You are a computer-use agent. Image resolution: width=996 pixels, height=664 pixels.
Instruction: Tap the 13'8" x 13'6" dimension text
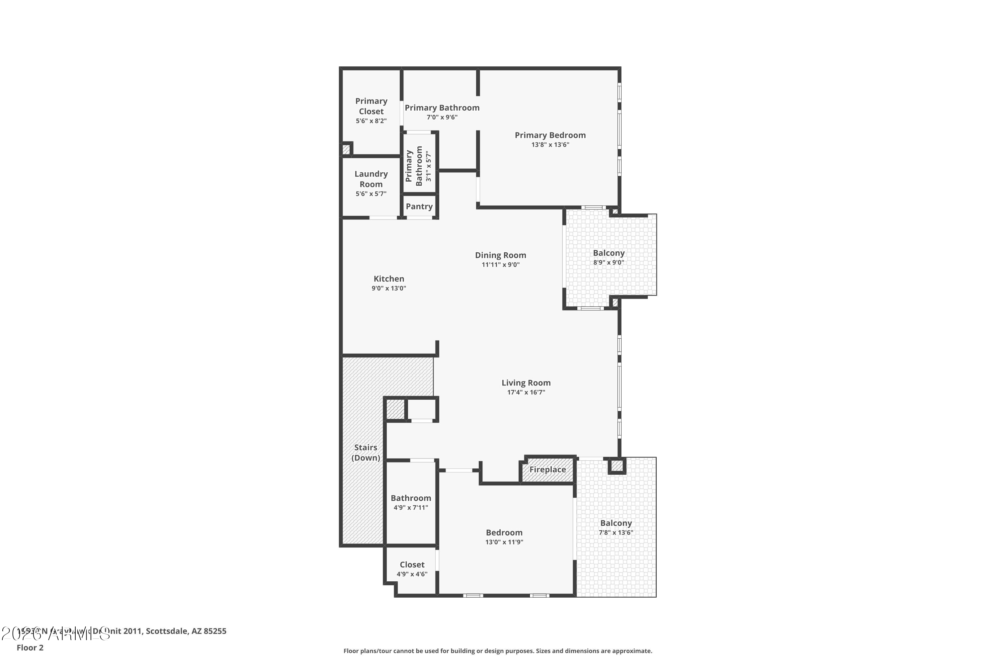550,145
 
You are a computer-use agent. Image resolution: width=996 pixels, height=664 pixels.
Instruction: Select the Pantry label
419,207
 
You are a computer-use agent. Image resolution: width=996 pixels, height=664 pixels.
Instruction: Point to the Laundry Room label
371,179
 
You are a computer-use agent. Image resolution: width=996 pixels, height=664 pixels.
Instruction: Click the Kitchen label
389,279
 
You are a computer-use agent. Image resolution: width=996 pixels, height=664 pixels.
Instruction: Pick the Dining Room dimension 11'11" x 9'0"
501,265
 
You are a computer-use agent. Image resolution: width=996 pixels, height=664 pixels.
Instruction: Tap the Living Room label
526,383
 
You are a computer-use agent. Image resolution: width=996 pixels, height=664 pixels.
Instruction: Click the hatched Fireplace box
547,470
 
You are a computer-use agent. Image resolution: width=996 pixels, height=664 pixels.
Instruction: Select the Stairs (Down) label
366,453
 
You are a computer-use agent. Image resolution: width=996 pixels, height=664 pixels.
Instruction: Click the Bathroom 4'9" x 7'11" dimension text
411,508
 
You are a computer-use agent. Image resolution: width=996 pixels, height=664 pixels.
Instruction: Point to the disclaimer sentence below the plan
498,651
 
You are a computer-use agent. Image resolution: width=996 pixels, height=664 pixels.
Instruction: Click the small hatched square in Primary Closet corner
346,149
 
